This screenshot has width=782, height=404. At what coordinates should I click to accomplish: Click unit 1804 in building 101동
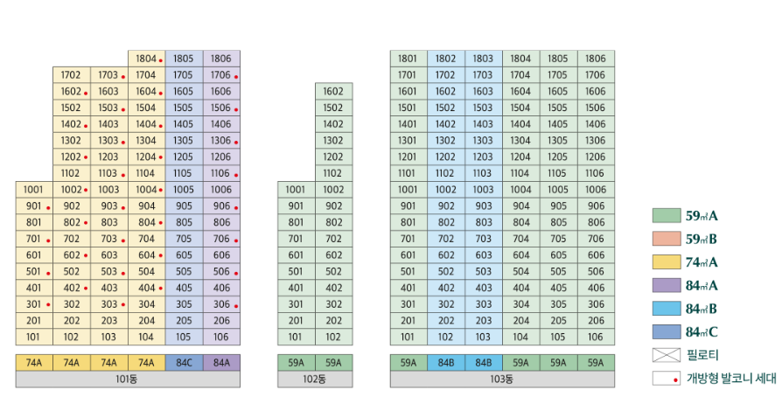pyautogui.click(x=146, y=59)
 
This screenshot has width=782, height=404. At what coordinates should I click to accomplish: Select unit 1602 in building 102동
pyautogui.click(x=333, y=91)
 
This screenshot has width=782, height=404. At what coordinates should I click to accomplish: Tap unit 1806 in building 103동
pyautogui.click(x=595, y=59)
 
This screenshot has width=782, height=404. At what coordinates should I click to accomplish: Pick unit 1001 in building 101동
pyautogui.click(x=33, y=190)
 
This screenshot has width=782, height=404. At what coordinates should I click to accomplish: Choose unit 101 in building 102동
pyautogui.click(x=296, y=337)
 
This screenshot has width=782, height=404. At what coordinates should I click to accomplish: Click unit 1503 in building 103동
pyautogui.click(x=483, y=108)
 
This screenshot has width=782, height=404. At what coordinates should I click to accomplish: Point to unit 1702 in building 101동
pyautogui.click(x=71, y=75)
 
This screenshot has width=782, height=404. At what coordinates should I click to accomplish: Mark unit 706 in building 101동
pyautogui.click(x=221, y=239)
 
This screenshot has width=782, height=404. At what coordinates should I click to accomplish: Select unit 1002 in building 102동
pyautogui.click(x=333, y=190)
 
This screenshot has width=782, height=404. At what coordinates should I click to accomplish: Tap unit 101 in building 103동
pyautogui.click(x=408, y=337)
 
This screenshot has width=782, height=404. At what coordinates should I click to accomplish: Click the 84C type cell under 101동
pyautogui.click(x=184, y=362)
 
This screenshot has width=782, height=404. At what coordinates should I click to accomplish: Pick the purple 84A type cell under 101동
pyautogui.click(x=221, y=362)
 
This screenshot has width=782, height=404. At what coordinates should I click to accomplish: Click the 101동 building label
pyautogui.click(x=128, y=380)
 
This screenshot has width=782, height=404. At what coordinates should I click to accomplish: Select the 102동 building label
pyautogui.click(x=315, y=380)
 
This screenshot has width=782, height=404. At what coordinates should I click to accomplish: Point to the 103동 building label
pyautogui.click(x=502, y=380)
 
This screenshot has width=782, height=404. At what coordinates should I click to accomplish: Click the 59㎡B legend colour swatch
pyautogui.click(x=666, y=239)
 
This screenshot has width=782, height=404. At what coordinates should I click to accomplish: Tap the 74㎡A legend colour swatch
pyautogui.click(x=666, y=262)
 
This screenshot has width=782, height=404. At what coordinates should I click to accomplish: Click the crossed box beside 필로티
pyautogui.click(x=666, y=356)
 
